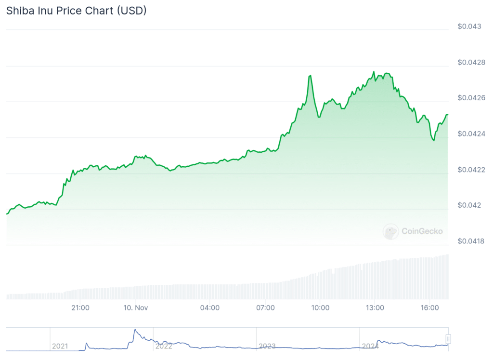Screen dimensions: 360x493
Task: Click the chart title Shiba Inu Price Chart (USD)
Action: (x=76, y=11)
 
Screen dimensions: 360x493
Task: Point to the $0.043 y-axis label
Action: (x=469, y=26)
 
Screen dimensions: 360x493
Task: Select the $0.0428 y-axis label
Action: (x=471, y=62)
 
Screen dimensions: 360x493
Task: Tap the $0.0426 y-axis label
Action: (x=471, y=98)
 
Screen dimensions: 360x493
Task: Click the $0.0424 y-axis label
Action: (x=471, y=133)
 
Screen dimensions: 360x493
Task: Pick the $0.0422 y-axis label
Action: (x=471, y=170)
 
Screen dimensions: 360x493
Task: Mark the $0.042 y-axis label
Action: (x=469, y=205)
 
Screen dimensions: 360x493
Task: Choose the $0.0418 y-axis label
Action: (x=471, y=241)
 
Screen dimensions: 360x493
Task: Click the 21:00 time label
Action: (x=80, y=307)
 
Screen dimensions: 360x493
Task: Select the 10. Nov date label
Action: (x=136, y=307)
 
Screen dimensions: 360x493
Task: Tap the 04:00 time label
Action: (x=210, y=307)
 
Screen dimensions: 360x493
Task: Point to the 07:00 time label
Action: (x=265, y=307)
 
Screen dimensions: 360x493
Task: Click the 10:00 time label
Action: (x=320, y=307)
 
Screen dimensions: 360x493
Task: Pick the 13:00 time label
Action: (x=375, y=307)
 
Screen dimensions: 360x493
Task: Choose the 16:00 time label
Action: (x=429, y=307)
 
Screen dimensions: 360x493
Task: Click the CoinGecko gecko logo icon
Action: (x=390, y=231)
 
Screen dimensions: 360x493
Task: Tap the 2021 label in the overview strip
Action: (x=60, y=346)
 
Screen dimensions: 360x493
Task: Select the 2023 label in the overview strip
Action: (x=267, y=346)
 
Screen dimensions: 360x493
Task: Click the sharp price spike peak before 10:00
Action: (x=310, y=76)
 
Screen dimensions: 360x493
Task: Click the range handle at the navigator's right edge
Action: (x=448, y=339)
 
